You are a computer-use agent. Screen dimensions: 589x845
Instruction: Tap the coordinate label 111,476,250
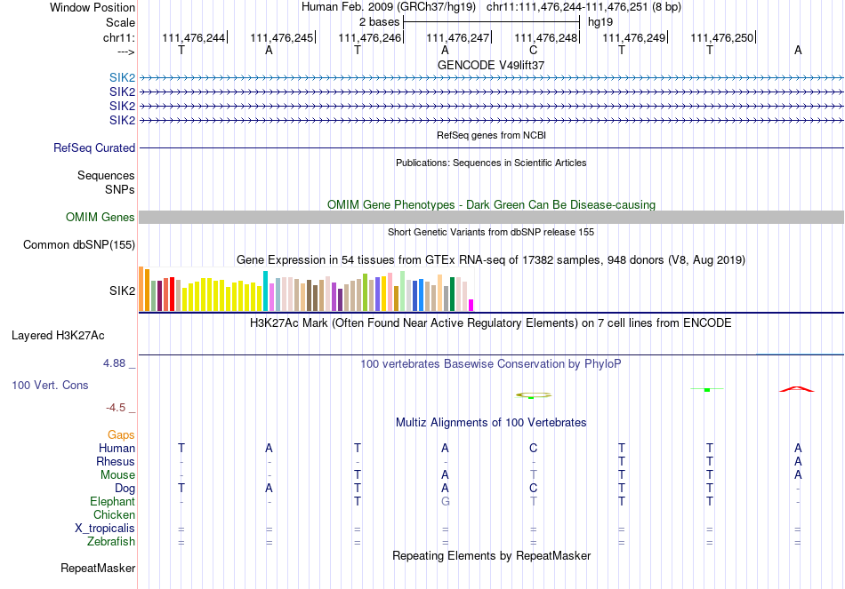[x=721, y=37]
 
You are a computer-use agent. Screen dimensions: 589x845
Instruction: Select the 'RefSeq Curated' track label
[x=94, y=148]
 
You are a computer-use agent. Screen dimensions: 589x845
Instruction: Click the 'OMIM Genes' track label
[x=101, y=218]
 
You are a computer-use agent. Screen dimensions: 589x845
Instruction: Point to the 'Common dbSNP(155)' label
[x=79, y=245]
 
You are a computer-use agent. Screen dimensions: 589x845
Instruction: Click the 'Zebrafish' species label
[x=111, y=542]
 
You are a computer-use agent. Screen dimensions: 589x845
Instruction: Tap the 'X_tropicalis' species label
[x=105, y=529]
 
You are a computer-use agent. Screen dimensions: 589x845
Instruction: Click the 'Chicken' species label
[x=114, y=515]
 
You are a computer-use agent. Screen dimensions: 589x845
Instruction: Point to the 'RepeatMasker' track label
[x=98, y=568]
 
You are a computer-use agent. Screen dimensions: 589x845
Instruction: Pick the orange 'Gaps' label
[x=121, y=435]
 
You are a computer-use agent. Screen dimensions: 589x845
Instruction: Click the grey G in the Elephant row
[x=445, y=502]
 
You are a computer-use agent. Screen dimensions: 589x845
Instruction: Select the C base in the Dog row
[x=533, y=489]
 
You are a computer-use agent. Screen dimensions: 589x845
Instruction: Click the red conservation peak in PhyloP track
[x=796, y=389]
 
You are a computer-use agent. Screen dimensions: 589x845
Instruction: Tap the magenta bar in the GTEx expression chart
[x=471, y=305]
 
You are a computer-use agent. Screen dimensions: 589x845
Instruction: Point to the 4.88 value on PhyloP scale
[x=115, y=363]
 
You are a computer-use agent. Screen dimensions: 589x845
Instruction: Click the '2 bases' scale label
[x=379, y=21]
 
